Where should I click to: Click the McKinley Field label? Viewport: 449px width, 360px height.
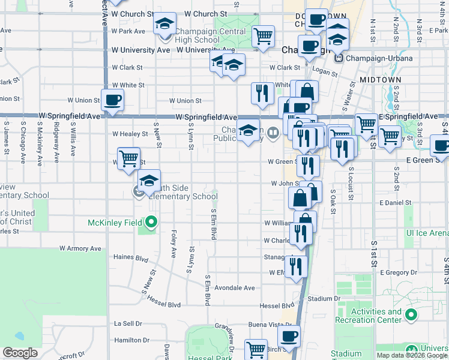point(114,223)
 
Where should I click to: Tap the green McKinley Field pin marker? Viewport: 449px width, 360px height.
point(150,223)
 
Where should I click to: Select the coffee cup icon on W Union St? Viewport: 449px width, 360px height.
point(112,100)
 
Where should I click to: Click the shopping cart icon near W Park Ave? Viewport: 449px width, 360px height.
point(263,36)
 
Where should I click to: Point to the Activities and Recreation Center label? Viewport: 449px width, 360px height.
point(376,316)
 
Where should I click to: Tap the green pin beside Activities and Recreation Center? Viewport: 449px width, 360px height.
point(411,314)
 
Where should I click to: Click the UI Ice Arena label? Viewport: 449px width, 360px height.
point(427,233)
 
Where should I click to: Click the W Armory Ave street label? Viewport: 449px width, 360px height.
point(80,248)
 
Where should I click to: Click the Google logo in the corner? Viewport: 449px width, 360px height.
point(20,353)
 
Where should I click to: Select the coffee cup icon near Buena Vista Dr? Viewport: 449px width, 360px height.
point(289,336)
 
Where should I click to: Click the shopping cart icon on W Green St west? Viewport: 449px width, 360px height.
point(128,159)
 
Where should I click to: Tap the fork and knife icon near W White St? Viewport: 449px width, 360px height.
point(262,93)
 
